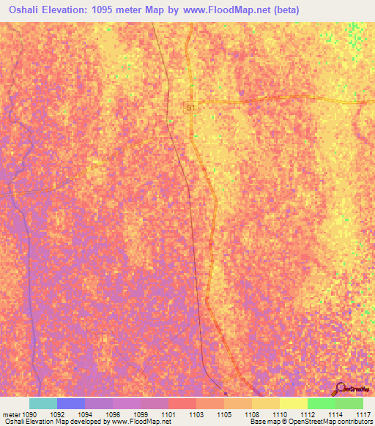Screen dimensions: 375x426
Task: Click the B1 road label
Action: click(190, 108)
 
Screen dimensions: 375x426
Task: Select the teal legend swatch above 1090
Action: click(43, 403)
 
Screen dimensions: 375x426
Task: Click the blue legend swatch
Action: click(71, 403)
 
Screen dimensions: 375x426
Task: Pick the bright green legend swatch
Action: click(322, 403)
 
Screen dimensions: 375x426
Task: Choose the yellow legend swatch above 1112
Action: click(294, 403)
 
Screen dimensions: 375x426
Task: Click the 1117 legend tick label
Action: click(364, 414)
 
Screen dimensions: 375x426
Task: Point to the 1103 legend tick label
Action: click(196, 414)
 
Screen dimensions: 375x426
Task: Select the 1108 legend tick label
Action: click(251, 414)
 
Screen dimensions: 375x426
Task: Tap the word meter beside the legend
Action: click(12, 414)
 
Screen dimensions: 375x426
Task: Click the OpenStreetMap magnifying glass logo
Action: click(340, 388)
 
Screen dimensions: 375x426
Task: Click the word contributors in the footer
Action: click(352, 422)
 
